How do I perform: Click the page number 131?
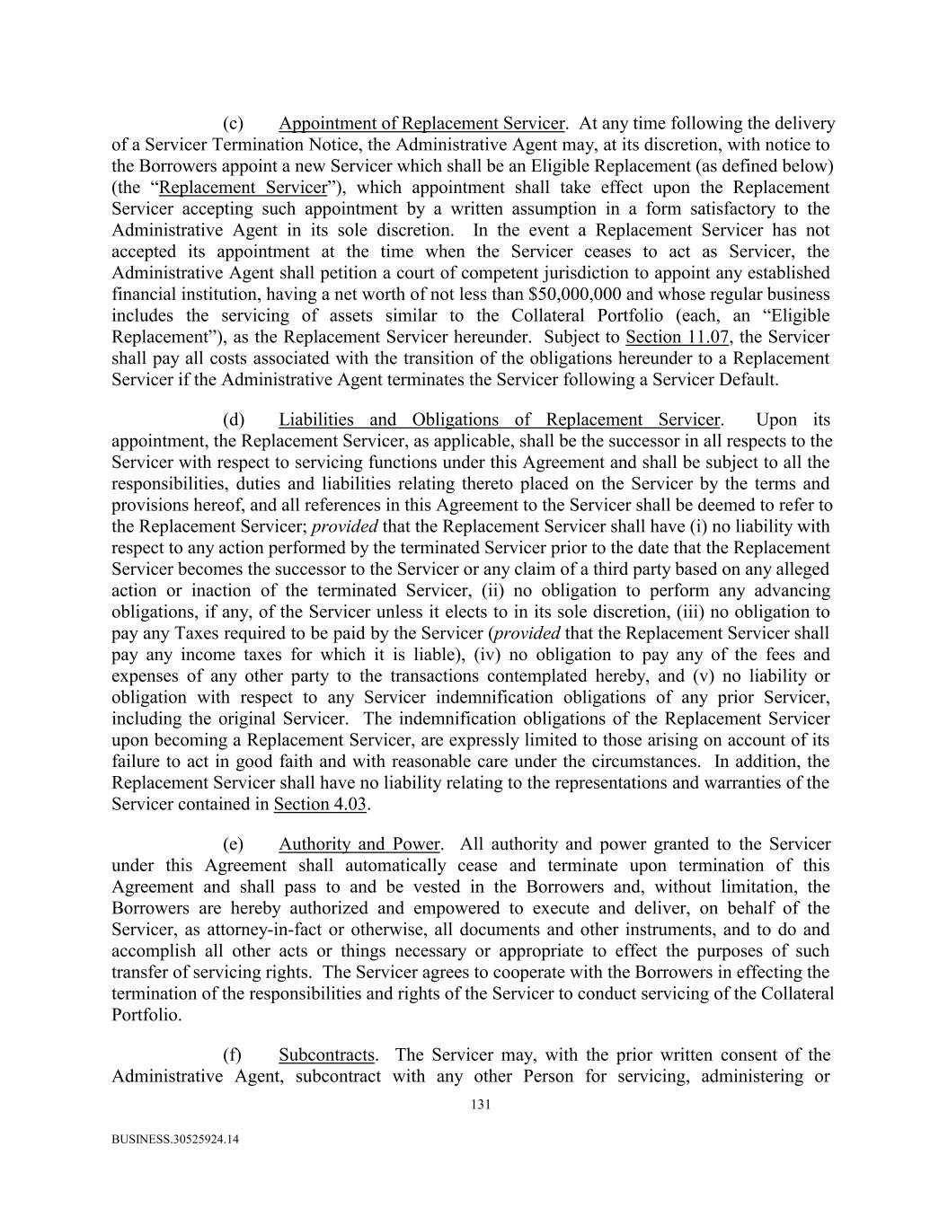481,1105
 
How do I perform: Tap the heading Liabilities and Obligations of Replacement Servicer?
499,419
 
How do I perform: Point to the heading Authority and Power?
359,844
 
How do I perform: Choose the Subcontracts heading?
326,1054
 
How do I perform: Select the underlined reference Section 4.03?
320,804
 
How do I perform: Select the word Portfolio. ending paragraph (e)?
146,1015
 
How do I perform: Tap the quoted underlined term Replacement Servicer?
243,188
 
